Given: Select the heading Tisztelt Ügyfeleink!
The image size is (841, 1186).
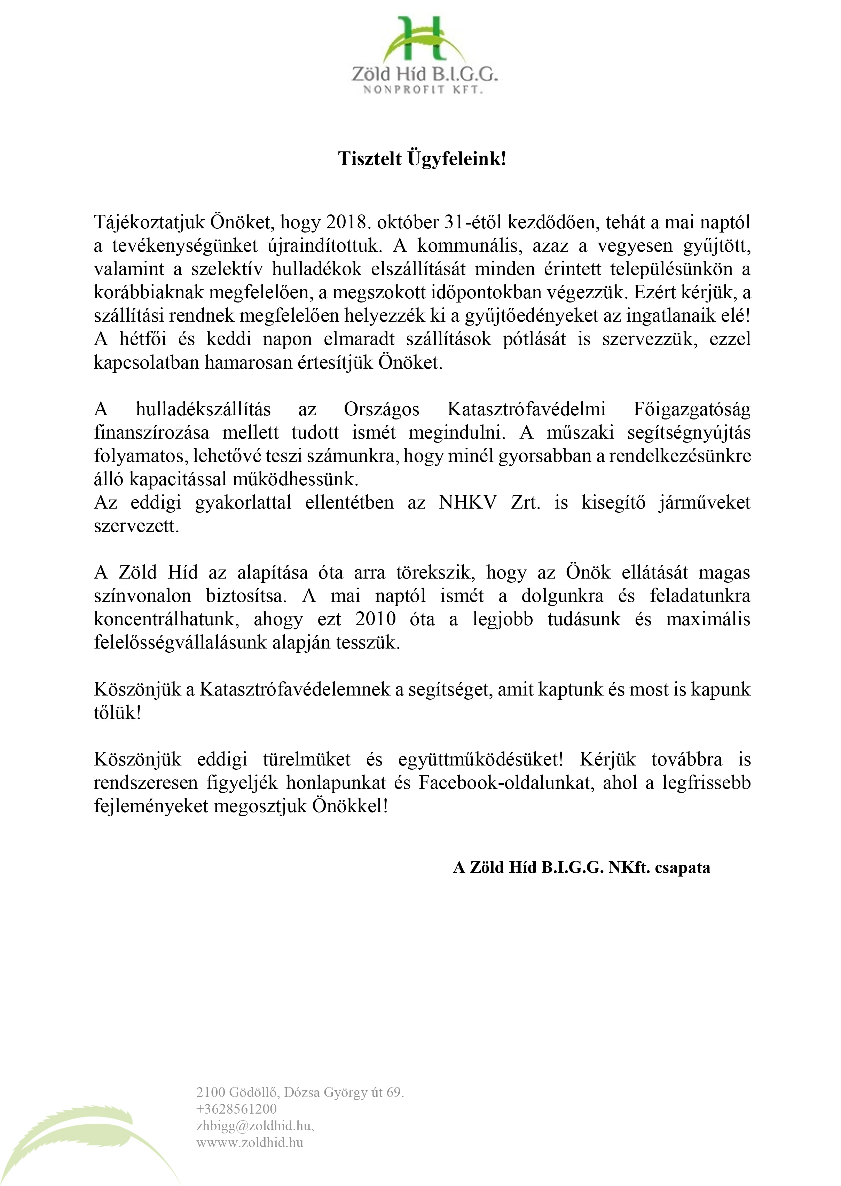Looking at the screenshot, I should [422, 158].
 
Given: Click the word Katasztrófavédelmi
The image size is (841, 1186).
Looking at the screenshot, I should [526, 409].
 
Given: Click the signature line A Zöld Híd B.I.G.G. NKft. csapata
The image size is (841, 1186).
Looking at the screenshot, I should [581, 867].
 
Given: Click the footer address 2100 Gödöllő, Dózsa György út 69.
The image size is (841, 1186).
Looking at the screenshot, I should [300, 1092].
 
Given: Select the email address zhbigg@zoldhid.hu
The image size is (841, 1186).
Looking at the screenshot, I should [255, 1125].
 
